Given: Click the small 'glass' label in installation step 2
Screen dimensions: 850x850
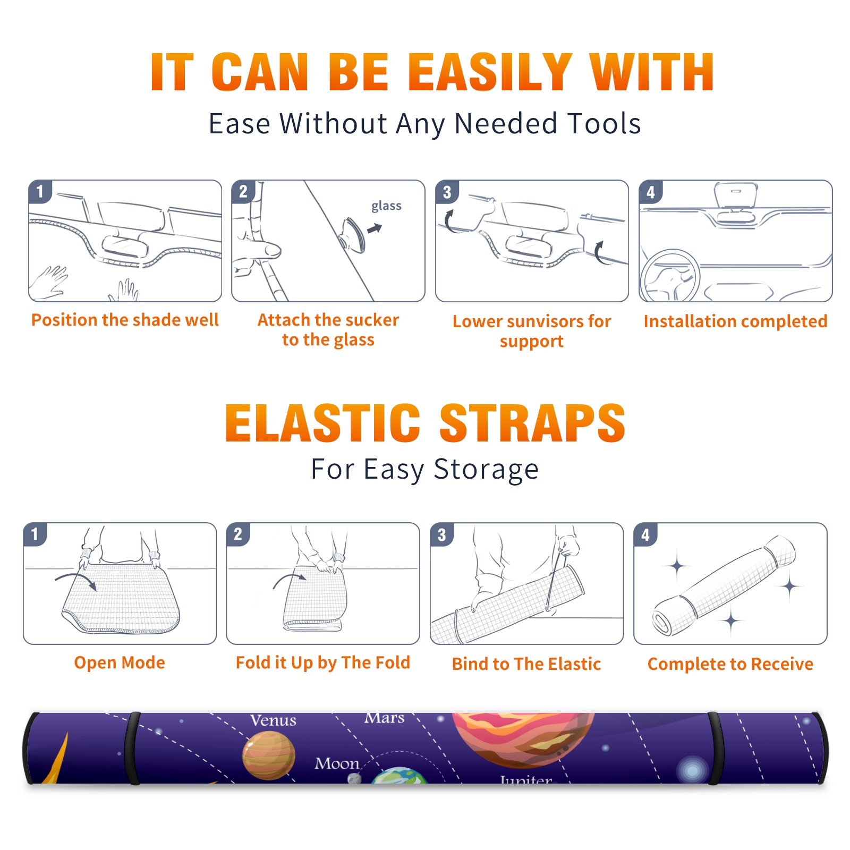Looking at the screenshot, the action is (x=386, y=206).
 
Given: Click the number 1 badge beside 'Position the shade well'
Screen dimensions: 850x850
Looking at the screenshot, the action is (x=40, y=191).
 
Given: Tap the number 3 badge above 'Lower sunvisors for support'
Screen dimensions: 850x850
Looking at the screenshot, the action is (x=447, y=192).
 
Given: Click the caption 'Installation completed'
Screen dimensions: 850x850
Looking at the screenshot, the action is (x=735, y=321).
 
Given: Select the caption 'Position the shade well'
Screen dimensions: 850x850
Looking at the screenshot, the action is (x=125, y=320).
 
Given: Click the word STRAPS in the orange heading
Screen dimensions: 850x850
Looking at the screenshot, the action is (x=532, y=423).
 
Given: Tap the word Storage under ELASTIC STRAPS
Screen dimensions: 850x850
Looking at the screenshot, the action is (x=486, y=470).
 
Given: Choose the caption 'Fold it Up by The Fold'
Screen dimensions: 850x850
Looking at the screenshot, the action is (x=323, y=663).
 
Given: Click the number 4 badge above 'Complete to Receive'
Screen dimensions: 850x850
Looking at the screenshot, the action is (x=645, y=534).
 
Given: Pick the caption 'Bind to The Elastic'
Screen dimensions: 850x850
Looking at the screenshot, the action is (x=526, y=664).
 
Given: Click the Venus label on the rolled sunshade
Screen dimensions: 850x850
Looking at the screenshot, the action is (x=273, y=720).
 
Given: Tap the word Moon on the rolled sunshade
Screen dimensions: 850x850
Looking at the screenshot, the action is (x=337, y=764).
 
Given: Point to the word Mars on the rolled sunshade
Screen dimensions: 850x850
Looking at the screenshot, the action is (x=384, y=718).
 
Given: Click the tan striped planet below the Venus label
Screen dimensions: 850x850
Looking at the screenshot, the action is (x=269, y=755).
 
